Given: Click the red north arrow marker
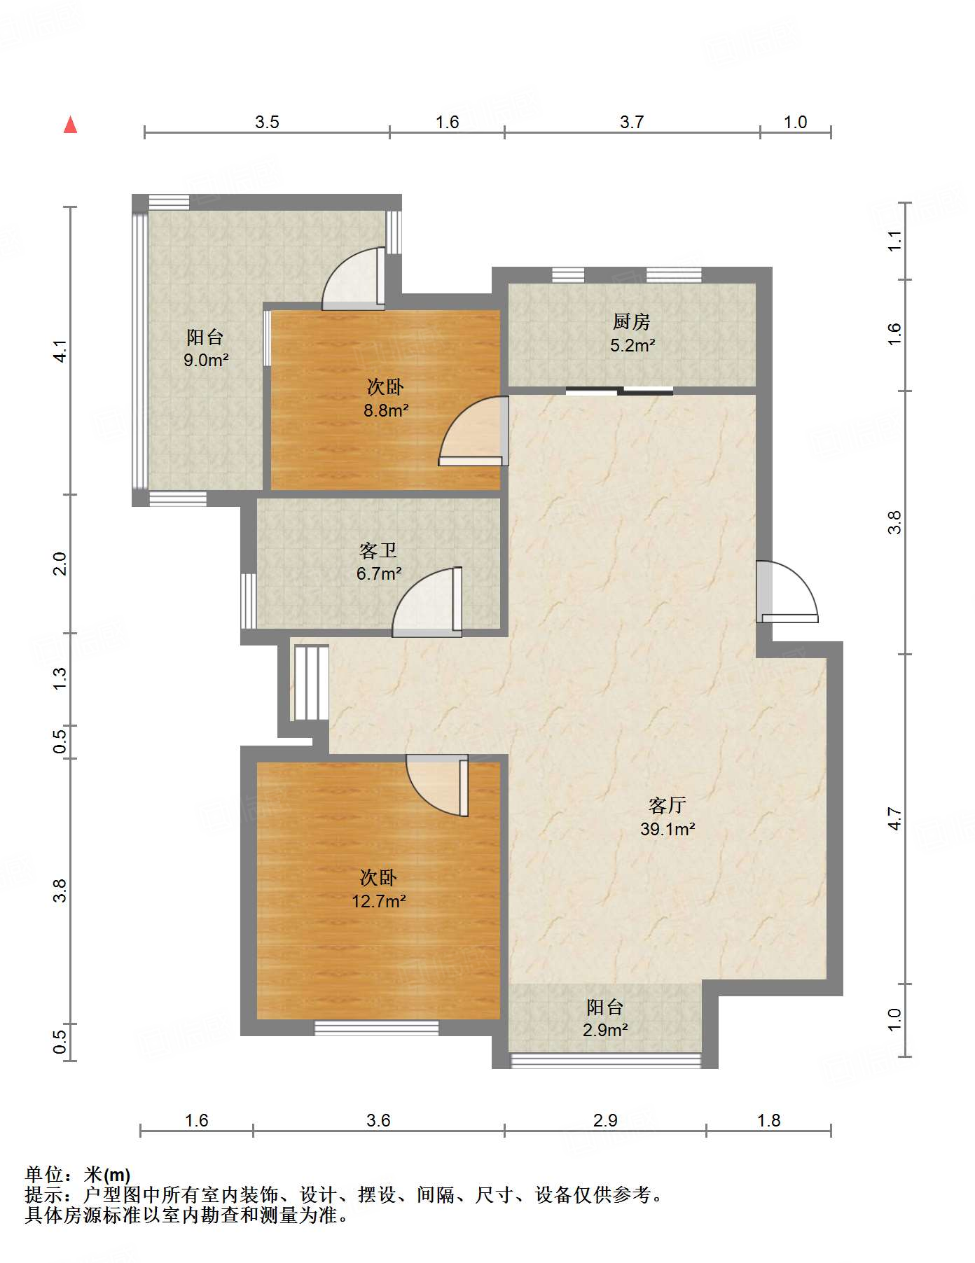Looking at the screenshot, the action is pos(70,125).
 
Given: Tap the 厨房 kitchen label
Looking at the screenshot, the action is pos(631,321).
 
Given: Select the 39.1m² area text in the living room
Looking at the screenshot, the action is pos(668,829).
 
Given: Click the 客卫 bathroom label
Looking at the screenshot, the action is pos(378,550).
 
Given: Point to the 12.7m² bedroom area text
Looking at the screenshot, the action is pos(379,901).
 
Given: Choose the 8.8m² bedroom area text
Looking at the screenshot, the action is pos(386,410).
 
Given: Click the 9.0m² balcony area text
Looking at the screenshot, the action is pos(206,360).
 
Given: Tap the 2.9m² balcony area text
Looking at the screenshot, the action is pos(605,1030).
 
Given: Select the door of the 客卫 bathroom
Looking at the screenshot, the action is pos(427,602).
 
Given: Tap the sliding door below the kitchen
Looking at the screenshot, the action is pos(620,391).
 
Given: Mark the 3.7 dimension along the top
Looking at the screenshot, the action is pos(632,123).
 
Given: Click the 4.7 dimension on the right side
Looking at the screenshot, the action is pos(894,818).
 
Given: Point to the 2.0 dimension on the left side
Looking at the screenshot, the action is pos(60,564).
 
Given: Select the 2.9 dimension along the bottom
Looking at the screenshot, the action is pos(605,1121).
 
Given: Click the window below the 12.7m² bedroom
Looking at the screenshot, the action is pos(377,1028).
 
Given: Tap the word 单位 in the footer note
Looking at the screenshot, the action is pos(44,1175).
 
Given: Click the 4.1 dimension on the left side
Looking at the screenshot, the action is pos(60,351).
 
